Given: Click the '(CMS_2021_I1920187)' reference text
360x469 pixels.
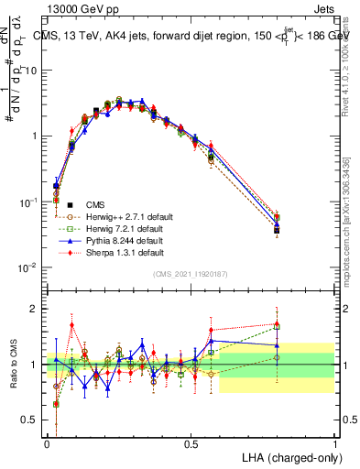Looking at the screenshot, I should pos(191,274).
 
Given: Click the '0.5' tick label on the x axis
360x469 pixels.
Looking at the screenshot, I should pos(191,442).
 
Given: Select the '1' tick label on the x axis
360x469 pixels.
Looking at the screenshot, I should pos(334,442).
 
